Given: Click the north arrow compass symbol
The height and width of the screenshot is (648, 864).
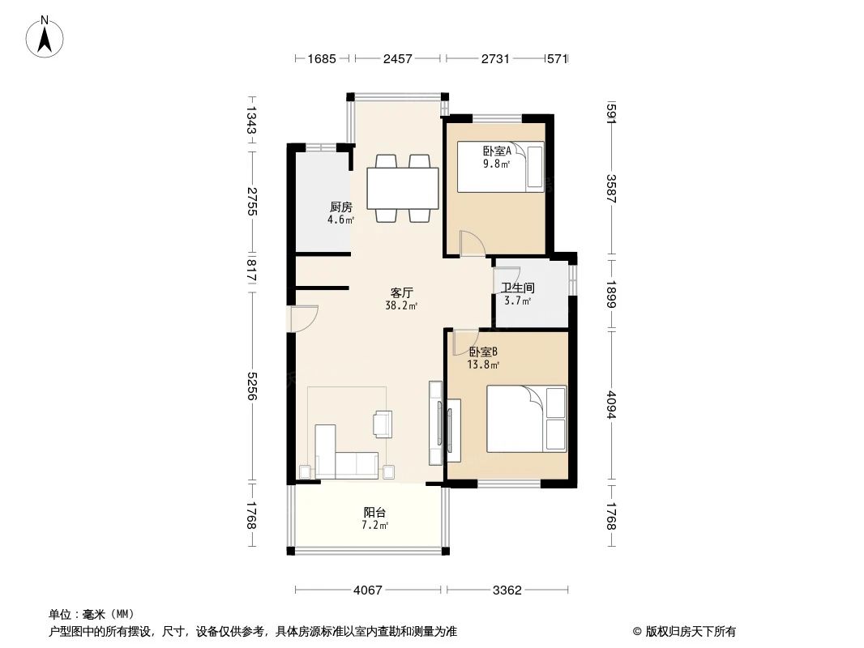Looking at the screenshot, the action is point(45,37).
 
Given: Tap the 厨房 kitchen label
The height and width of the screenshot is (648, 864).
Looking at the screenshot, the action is point(341,207).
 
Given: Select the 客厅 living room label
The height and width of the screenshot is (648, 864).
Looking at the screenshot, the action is point(402,293).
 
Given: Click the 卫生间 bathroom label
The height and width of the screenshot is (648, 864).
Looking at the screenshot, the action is point(518,288).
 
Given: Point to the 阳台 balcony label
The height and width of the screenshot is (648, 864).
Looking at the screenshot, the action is point(374,513).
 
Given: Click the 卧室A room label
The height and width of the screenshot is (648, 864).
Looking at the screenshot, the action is point(497,151).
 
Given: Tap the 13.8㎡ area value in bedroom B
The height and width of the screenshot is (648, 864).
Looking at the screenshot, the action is point(483,364).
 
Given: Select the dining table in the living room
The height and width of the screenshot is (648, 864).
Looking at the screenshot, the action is point(403,188).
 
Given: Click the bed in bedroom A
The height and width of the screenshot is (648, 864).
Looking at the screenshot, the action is point(500,167).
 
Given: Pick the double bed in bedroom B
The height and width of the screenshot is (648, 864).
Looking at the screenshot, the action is point(527,419).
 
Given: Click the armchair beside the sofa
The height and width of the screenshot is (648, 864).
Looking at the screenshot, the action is point(383,424).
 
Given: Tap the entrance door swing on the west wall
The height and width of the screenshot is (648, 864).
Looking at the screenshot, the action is point(303,318).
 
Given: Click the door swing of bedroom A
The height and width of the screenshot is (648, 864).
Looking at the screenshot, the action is point(473,243).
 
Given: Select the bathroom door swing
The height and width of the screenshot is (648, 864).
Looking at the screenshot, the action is point(507,279).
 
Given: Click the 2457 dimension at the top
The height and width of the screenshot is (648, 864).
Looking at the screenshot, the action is point(397,58).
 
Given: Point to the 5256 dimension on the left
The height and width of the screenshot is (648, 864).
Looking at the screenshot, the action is point(251,386).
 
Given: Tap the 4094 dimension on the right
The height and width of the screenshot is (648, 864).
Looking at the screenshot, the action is point(610,405).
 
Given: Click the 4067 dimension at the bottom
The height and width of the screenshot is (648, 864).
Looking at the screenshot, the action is point(367,590).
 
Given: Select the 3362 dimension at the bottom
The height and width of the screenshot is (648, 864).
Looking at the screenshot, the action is point(507,590).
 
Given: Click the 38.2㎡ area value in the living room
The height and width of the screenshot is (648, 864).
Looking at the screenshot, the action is point(401,306).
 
